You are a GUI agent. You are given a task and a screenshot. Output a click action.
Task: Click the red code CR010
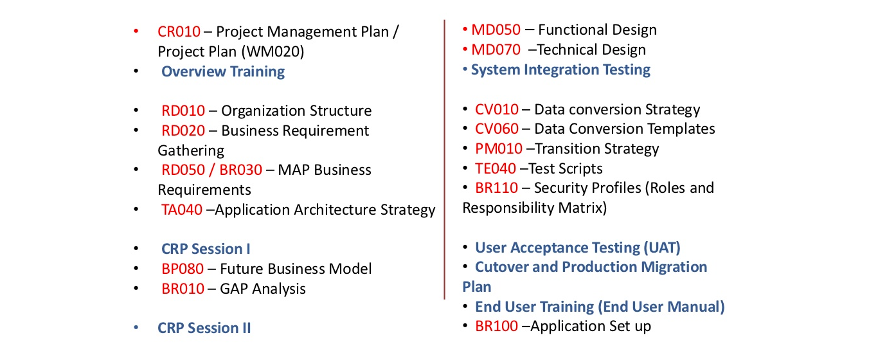179,32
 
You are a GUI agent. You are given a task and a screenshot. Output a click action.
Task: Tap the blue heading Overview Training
223,71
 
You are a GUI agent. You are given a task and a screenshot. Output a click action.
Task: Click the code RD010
183,111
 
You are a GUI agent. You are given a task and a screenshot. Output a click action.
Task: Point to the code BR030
240,170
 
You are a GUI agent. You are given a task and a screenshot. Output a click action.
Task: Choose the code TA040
182,210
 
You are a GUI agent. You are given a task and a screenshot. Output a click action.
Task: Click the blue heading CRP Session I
206,249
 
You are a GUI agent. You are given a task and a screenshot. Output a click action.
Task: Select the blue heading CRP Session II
204,328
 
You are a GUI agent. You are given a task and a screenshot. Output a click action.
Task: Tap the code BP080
183,269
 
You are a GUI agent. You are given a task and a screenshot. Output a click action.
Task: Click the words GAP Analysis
263,289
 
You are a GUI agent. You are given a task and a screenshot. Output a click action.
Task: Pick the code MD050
496,30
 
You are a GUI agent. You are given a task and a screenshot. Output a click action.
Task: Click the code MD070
496,50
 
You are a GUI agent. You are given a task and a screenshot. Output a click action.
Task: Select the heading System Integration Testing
560,70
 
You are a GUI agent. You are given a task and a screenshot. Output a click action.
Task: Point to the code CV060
497,129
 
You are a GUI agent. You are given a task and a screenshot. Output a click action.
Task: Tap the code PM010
499,148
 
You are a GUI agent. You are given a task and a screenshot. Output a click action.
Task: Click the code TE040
496,168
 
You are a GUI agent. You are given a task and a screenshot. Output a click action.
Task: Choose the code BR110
497,188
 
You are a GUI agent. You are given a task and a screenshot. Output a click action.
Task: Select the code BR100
497,326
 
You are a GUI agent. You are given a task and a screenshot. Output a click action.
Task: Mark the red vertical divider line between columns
445,159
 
